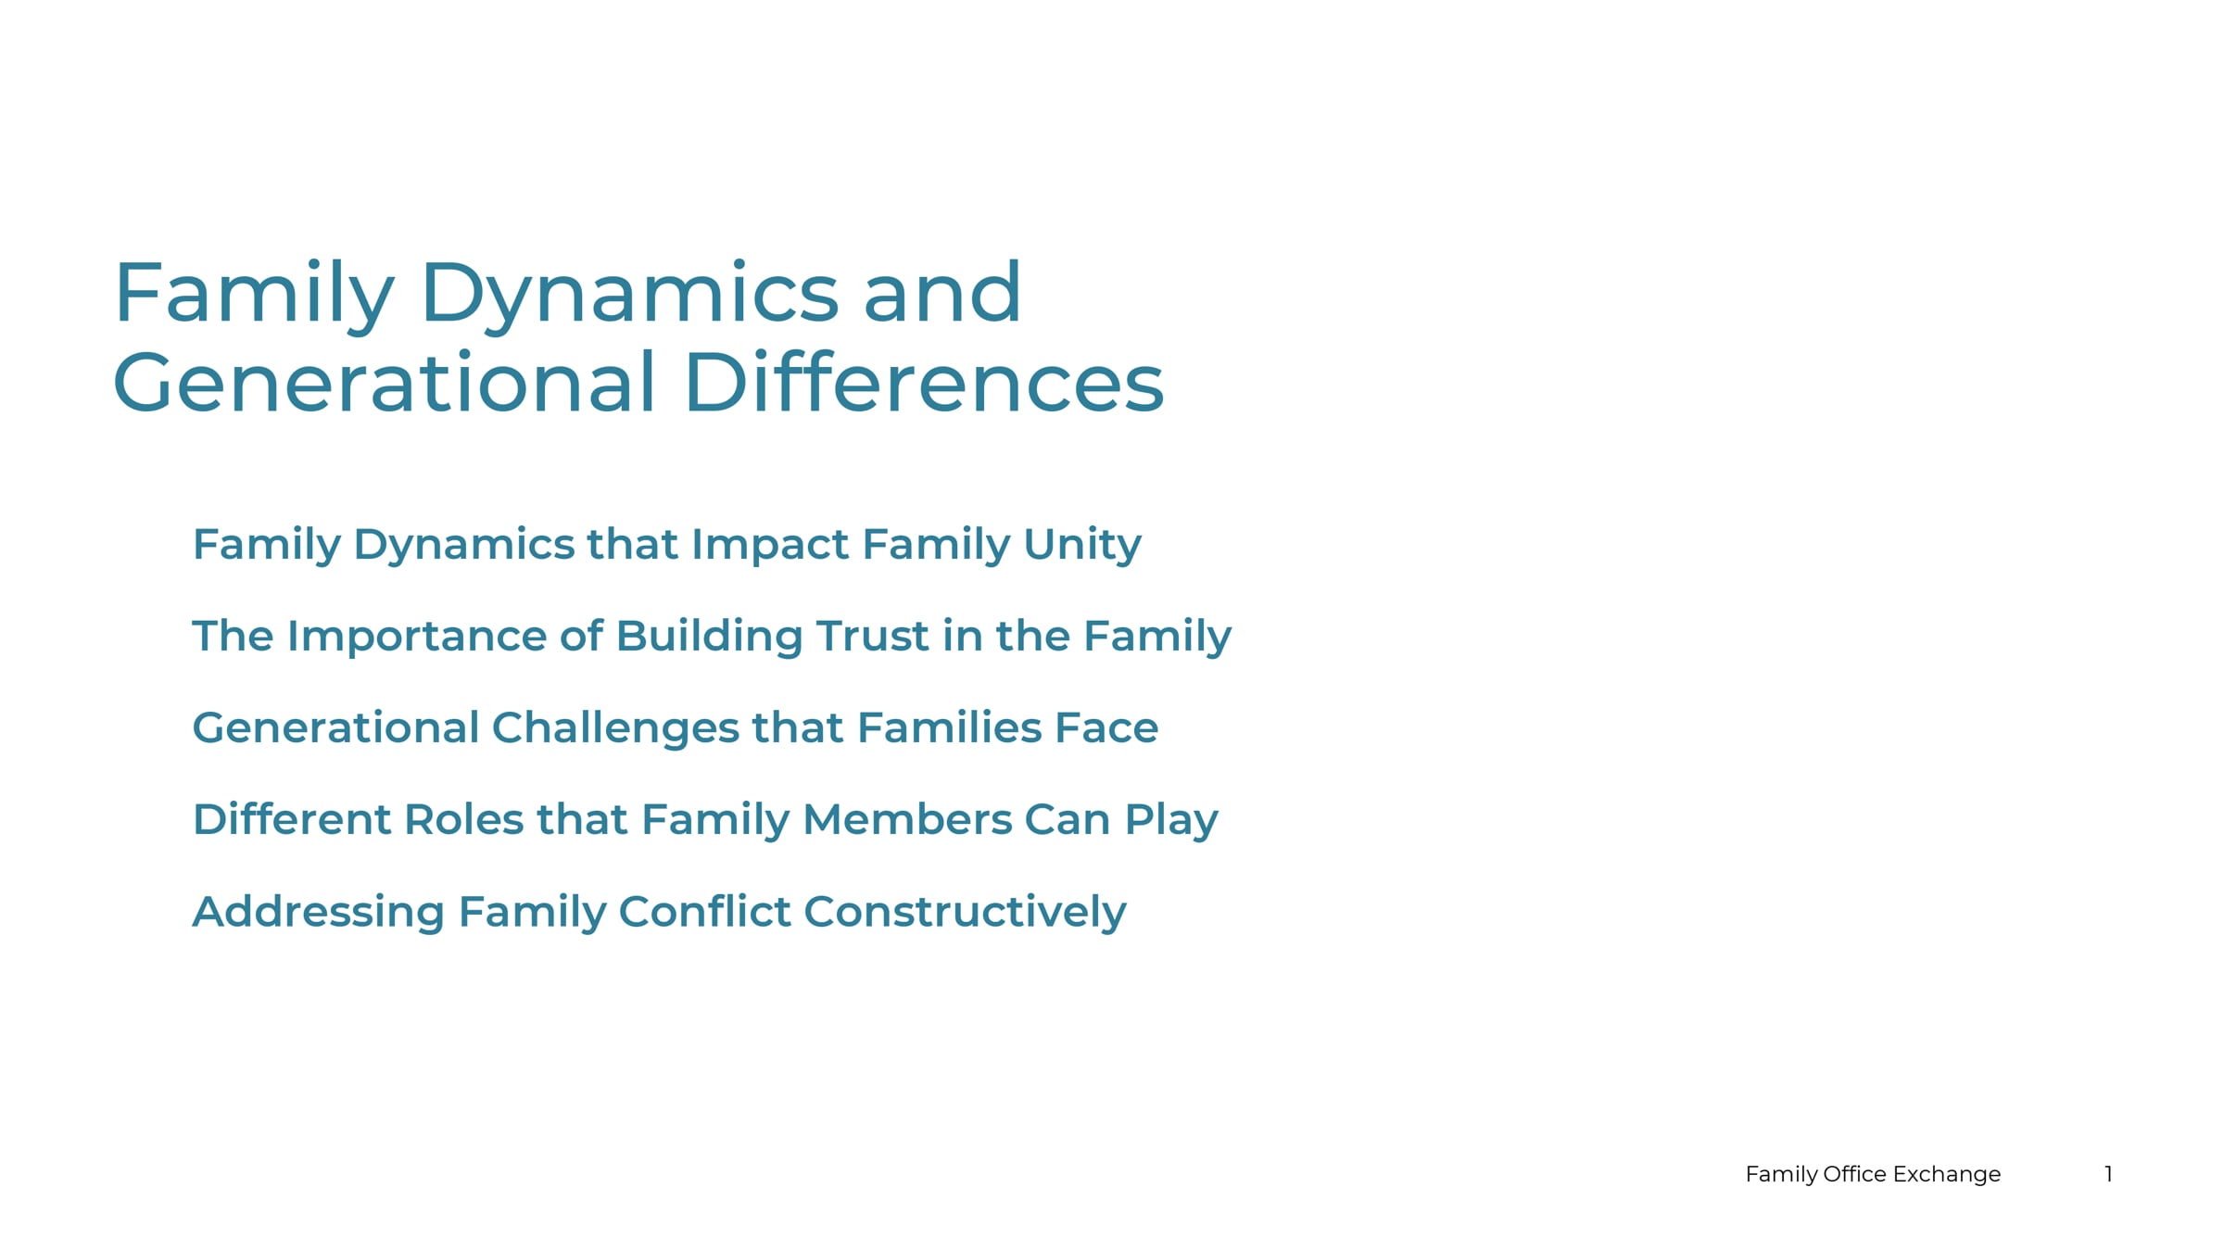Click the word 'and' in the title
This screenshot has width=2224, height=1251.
(942, 292)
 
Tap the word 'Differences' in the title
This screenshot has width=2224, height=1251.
(924, 382)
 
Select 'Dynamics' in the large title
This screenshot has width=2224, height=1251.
(630, 297)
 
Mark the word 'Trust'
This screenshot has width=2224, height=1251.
(872, 637)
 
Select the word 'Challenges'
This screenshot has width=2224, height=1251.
(615, 728)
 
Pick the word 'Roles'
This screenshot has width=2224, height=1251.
(464, 820)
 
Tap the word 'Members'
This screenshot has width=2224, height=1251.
(907, 820)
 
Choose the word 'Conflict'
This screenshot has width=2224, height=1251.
(704, 912)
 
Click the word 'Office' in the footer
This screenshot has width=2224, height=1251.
(1854, 1174)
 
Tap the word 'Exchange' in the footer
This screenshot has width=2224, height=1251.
(1947, 1175)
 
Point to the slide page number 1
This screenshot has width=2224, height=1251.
(2108, 1174)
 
